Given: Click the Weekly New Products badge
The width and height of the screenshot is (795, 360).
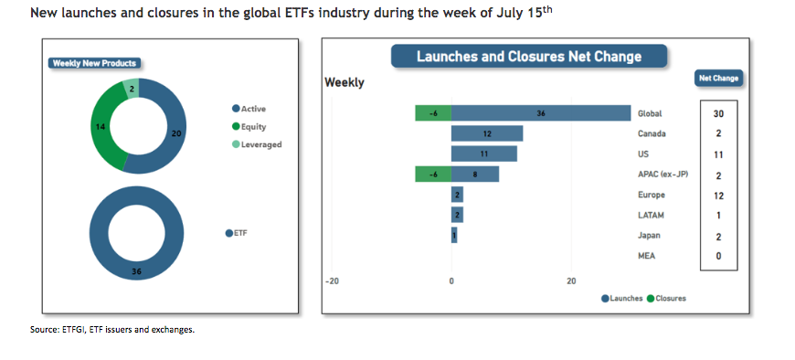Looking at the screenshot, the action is coord(95,63).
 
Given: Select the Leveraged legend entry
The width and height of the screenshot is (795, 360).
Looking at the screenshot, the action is coord(257,144).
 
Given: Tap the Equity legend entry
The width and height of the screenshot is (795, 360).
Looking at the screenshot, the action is coord(249,127).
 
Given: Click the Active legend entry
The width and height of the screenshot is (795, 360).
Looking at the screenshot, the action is coord(249,109).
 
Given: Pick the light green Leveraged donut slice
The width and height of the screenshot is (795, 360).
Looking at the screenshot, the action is coord(132,87).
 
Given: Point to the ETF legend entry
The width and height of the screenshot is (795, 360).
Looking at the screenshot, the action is coord(237,233).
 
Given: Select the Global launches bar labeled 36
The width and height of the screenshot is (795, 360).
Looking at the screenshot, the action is coord(541,113).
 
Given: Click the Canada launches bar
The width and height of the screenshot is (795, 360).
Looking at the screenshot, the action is coord(487,134).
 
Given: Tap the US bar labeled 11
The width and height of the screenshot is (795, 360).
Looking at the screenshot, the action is coord(484,154).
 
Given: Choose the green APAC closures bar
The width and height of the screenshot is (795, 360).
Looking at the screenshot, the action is coord(433,175).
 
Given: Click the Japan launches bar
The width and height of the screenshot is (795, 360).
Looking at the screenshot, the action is coord(454,235).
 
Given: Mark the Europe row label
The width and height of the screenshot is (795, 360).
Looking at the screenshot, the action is coord(652,195).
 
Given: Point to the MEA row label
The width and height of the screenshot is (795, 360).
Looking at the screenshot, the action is coord(646,256).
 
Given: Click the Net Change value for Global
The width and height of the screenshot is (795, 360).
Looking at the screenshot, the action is coord(718,113).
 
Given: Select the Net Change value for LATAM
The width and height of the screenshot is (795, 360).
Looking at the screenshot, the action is coord(718,216).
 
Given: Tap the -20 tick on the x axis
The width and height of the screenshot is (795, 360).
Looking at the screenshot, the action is coord(332,281).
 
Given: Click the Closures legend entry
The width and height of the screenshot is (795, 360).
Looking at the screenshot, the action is coord(666,298).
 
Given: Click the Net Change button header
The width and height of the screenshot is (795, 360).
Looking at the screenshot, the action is coord(718,78).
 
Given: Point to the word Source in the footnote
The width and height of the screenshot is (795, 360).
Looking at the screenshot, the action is coord(43,330).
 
